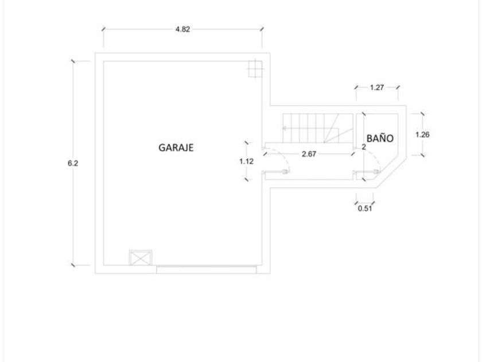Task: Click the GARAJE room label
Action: coord(176,148)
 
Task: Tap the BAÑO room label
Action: coord(380,138)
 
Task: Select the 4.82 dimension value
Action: coord(182,29)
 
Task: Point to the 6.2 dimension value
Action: coord(73,163)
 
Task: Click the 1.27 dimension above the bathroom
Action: coord(377,87)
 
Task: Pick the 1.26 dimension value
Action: coord(422,134)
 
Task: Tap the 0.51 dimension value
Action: coord(365,209)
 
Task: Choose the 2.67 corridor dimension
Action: coord(309,154)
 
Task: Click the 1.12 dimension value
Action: coord(246,161)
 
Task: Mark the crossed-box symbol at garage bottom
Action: coord(141,257)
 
